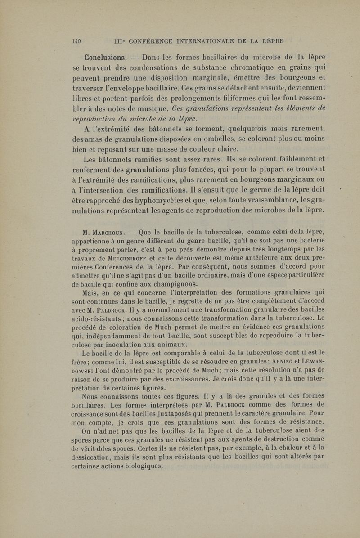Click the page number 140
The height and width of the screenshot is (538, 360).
pyautogui.click(x=76, y=41)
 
